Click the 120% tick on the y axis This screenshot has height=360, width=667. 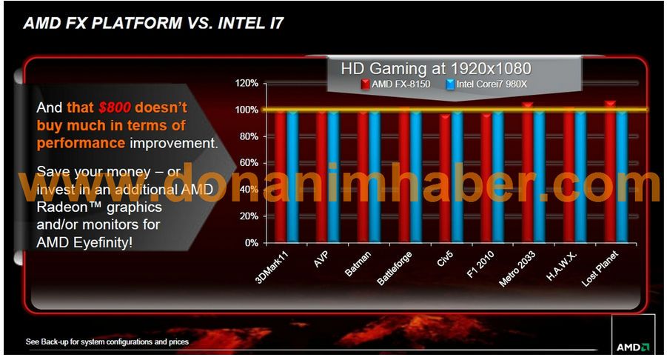point(247,83)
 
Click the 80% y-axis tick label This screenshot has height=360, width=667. point(248,136)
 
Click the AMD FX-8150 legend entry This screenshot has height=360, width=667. point(400,84)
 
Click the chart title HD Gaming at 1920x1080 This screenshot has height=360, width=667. point(436,68)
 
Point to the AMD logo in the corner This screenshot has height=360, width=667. point(633,346)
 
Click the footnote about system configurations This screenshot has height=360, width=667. point(107,342)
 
